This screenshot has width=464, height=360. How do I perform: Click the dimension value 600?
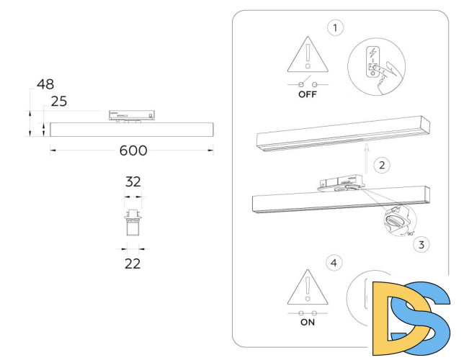click(132, 150)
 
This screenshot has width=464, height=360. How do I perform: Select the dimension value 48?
click(45, 85)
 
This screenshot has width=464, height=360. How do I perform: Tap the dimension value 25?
click(59, 102)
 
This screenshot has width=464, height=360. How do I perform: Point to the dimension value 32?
click(133, 182)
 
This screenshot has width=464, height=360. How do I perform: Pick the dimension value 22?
click(132, 264)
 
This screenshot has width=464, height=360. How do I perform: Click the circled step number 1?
click(334, 28)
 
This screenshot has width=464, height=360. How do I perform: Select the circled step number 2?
click(383, 165)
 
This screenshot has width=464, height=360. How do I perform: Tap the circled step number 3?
click(421, 244)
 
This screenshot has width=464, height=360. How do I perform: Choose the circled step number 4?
click(333, 263)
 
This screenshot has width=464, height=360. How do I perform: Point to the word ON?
click(308, 323)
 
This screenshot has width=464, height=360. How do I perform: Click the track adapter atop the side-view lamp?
click(131, 115)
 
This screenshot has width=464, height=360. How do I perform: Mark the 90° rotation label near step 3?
click(410, 234)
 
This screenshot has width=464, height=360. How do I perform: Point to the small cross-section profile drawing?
click(132, 222)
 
